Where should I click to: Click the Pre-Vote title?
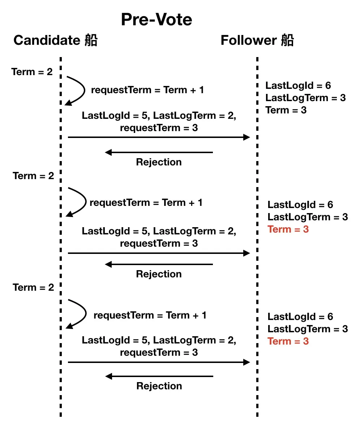coord(157,20)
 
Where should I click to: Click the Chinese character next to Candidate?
coord(91,40)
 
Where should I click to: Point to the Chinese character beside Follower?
coord(287,40)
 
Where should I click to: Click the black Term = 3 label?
coord(286,110)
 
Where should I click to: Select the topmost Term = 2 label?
coord(32,72)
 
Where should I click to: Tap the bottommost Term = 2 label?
coord(33,287)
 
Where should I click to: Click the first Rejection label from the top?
coord(159,162)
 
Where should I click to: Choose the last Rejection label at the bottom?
coord(159,386)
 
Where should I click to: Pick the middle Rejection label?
coord(159,274)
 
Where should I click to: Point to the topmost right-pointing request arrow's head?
coord(247,137)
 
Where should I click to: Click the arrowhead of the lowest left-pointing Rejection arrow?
coord(108,376)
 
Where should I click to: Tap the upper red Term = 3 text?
coord(288,229)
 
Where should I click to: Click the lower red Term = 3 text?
coord(288,341)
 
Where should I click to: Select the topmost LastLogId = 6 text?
coord(298,86)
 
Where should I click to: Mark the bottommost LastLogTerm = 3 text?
coord(308,329)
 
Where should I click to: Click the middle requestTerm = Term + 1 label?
coord(146,203)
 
